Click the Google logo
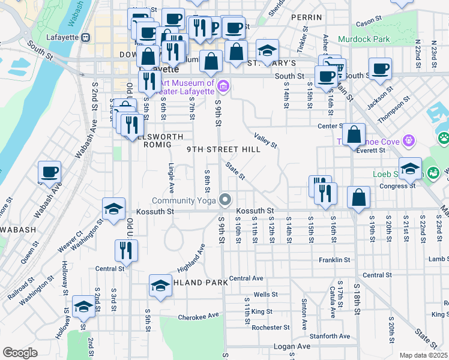click(20, 353)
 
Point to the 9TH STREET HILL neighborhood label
click(223, 149)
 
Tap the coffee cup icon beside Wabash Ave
click(50, 173)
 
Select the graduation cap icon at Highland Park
click(160, 287)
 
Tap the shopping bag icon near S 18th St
click(358, 198)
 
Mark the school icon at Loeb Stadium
click(410, 169)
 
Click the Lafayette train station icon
click(86, 37)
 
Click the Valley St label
click(265, 140)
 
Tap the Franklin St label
click(334, 260)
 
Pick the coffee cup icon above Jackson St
click(379, 69)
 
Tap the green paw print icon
click(444, 139)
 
